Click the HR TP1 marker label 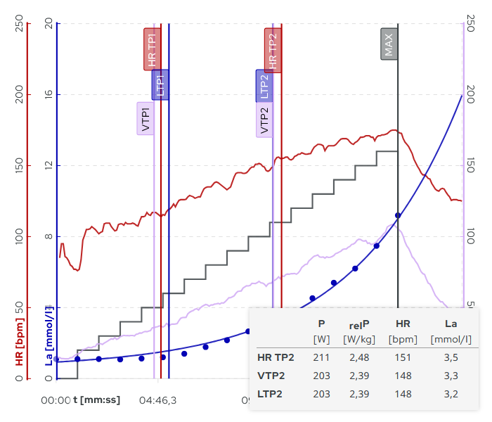point(153,49)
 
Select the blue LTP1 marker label point(160,85)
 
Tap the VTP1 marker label point(145,118)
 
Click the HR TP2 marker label point(273,51)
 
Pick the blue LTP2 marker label point(264,87)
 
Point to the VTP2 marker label point(264,119)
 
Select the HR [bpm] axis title point(20,345)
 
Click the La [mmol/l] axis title point(49,335)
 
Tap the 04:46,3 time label point(158,400)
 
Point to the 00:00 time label point(56,400)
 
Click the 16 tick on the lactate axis point(48,94)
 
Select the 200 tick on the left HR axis point(20,94)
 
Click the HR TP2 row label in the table point(276,357)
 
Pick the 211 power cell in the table point(321,357)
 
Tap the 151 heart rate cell point(403,357)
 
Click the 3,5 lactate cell point(451,357)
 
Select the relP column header point(358,324)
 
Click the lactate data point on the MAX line point(398,215)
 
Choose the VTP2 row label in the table point(271,376)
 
